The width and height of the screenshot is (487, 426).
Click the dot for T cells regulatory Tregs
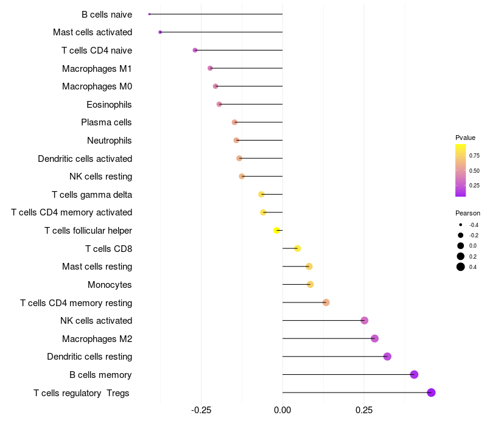(431, 393)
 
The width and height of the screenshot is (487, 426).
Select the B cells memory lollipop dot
(415, 374)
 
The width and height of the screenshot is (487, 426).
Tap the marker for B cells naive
(149, 14)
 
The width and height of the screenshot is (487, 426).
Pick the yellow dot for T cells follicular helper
(277, 231)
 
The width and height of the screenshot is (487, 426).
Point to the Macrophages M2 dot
(374, 338)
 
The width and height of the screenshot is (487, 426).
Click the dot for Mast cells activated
(160, 32)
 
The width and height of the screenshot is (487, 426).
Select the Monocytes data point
(310, 284)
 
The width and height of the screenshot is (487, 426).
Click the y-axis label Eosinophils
(109, 105)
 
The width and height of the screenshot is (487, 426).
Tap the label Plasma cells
(107, 122)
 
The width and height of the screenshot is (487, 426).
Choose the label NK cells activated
(96, 321)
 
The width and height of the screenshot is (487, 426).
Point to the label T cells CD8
(108, 248)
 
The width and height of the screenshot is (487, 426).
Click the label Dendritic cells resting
(89, 357)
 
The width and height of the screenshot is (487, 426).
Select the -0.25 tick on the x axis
(201, 410)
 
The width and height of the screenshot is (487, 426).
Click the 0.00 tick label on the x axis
(282, 410)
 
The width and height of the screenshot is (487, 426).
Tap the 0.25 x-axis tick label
(364, 410)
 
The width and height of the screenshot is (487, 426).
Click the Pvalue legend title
(465, 138)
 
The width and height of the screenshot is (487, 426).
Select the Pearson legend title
(468, 213)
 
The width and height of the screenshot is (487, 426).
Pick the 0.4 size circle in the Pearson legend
(461, 267)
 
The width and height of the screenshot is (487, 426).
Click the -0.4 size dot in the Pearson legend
(461, 225)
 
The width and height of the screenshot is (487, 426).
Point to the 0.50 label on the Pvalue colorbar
(474, 170)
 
